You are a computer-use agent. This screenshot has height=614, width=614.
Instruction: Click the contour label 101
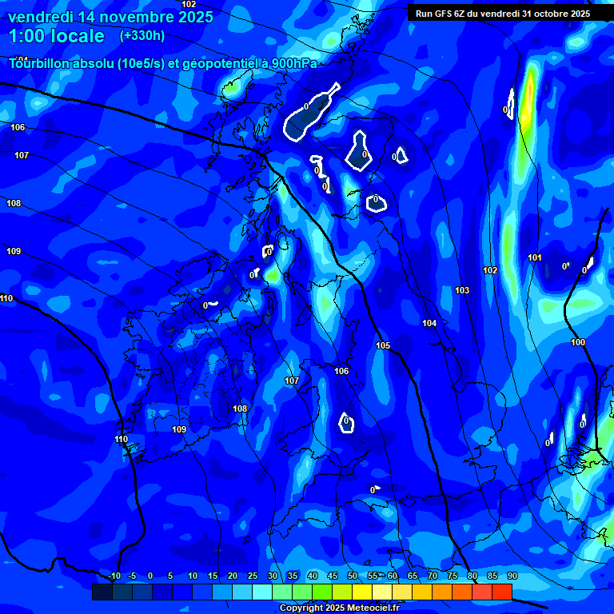click(535, 257)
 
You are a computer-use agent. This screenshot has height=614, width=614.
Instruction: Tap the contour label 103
click(462, 290)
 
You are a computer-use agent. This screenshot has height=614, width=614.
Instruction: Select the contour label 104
click(429, 323)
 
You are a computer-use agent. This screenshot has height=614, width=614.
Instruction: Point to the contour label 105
click(383, 345)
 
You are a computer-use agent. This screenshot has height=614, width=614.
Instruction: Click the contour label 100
click(578, 342)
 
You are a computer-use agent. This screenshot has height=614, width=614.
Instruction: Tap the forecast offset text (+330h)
click(142, 35)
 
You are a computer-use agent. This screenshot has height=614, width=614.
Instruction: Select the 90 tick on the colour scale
click(512, 576)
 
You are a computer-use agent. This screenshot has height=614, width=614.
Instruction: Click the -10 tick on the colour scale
click(114, 576)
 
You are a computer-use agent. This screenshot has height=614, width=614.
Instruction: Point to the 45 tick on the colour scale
click(333, 576)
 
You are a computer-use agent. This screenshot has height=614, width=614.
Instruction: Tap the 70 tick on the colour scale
click(433, 576)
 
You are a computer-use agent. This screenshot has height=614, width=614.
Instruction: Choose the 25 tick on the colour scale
click(253, 576)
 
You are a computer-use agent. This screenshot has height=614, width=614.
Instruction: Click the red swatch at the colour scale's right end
click(501, 592)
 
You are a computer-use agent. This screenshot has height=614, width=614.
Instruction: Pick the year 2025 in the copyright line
click(332, 608)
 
